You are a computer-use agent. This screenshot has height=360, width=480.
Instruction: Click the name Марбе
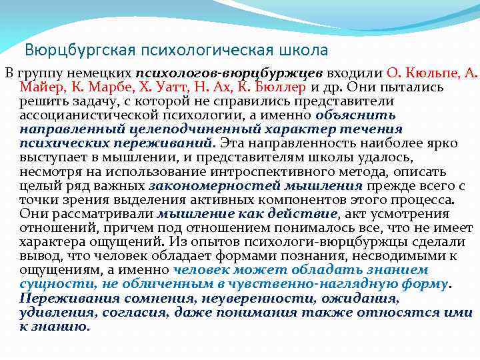[104, 87]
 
